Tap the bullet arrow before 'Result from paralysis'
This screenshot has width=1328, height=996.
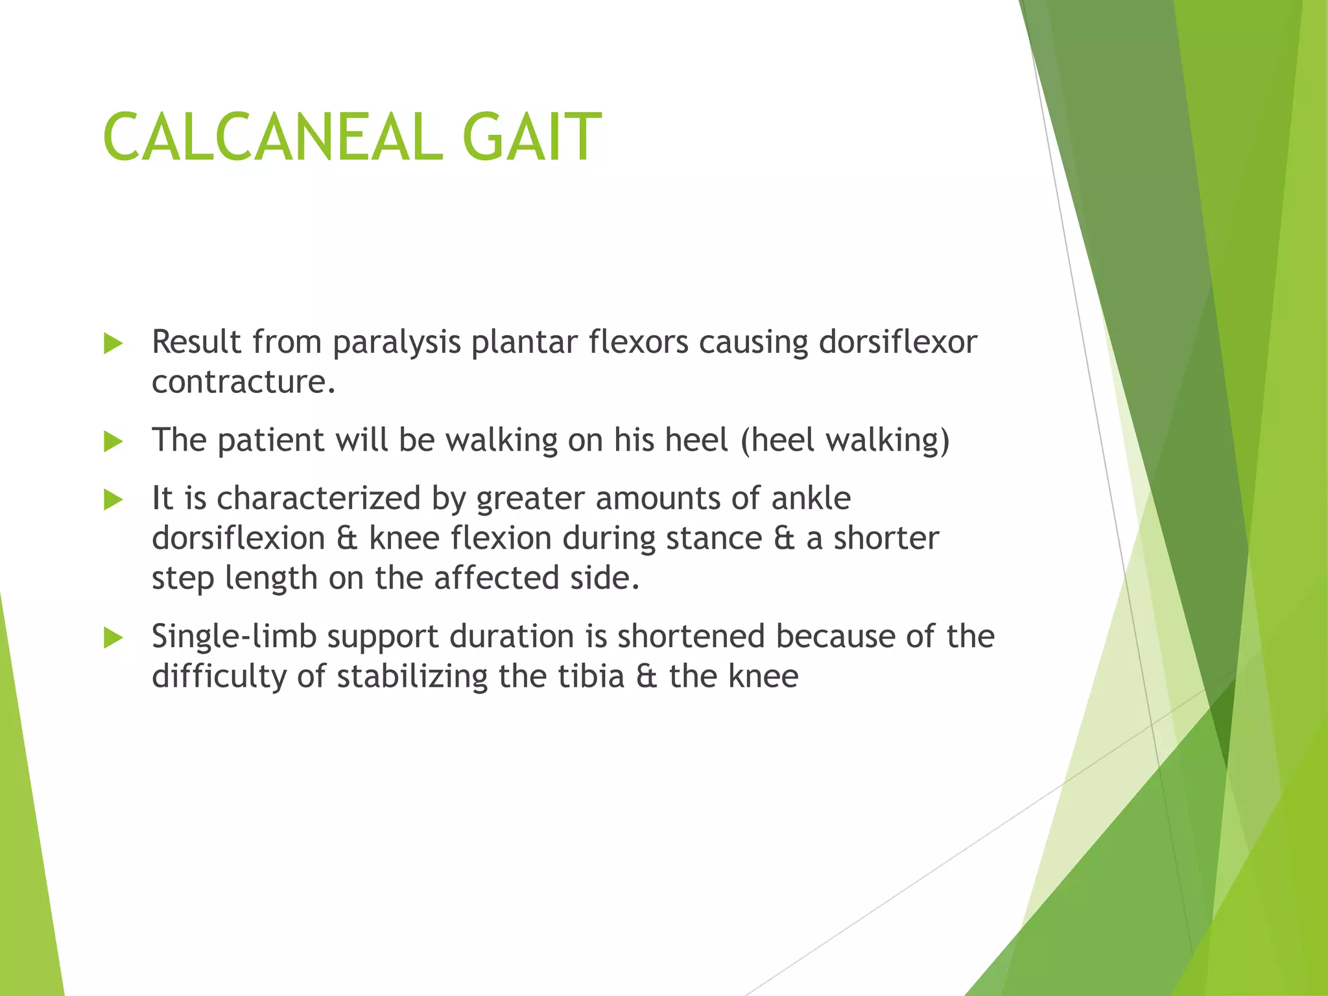pyautogui.click(x=113, y=344)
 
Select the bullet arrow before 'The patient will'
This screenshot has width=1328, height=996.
pyautogui.click(x=113, y=442)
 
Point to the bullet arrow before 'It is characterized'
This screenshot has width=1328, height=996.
pyautogui.click(x=113, y=500)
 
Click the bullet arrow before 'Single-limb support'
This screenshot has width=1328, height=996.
pyautogui.click(x=113, y=638)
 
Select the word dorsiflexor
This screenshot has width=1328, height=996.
pyautogui.click(x=897, y=342)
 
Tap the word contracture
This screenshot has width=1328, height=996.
pyautogui.click(x=243, y=382)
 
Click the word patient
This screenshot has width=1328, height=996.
pyautogui.click(x=270, y=441)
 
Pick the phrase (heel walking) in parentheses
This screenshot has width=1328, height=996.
pyautogui.click(x=845, y=441)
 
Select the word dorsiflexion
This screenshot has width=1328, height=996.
pyautogui.click(x=238, y=539)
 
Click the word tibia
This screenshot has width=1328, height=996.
pyautogui.click(x=591, y=677)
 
